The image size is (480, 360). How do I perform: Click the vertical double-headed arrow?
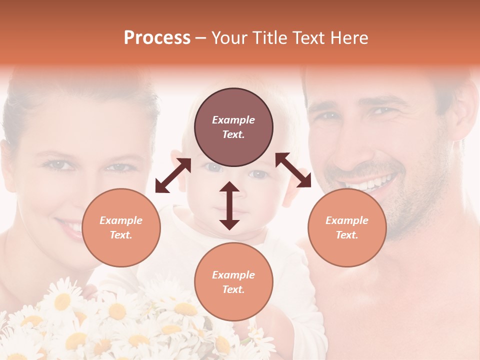click(x=229, y=205)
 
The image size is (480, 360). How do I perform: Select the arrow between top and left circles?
click(x=173, y=175)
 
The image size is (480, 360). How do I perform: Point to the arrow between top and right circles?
click(x=293, y=170)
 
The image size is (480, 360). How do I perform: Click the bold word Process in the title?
click(x=157, y=38)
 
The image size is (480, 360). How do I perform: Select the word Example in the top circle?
click(x=233, y=120)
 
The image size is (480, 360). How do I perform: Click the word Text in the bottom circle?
click(x=232, y=289)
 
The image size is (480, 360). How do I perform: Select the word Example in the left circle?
click(x=121, y=220)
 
